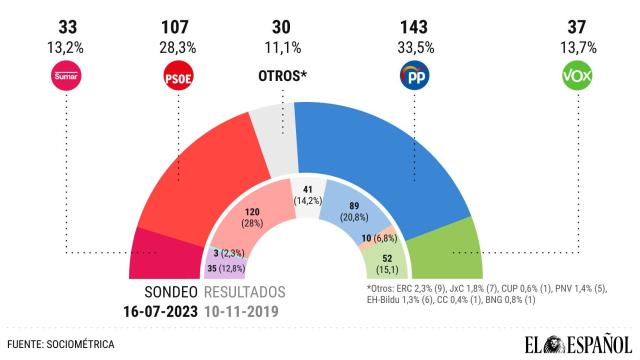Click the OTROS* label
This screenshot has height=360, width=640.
point(283,76)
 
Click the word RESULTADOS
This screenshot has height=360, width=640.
point(244,292)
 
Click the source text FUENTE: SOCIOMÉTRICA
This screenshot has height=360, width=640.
point(61,344)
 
